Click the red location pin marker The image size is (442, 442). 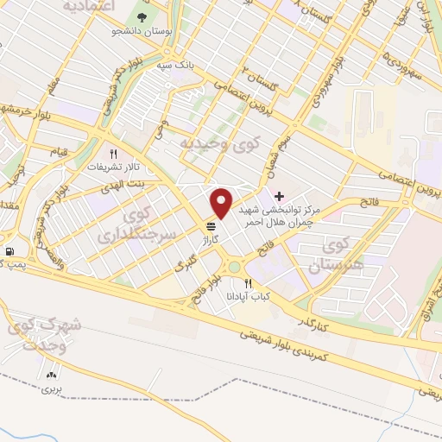pos(222,202)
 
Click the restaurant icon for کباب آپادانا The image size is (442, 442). pos(249,282)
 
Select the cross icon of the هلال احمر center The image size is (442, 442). pos(278,196)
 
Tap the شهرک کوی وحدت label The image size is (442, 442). pos(45,336)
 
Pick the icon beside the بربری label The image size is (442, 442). pos(50,375)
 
